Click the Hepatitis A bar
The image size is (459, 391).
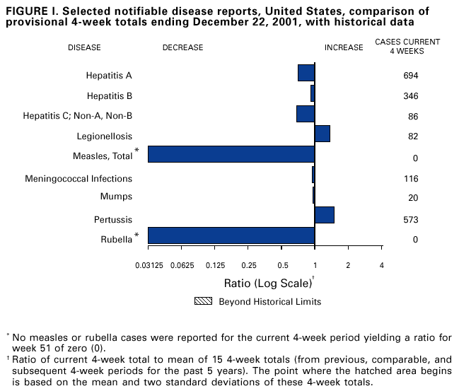(306, 73)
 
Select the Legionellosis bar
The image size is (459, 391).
(323, 134)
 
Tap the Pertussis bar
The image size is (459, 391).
(325, 215)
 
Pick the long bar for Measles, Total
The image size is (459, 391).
(231, 154)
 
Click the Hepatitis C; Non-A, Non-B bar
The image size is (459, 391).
(306, 113)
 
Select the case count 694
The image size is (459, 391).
(411, 76)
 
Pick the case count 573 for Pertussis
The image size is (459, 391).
(411, 220)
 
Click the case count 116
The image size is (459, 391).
(411, 180)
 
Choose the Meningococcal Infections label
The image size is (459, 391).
(79, 179)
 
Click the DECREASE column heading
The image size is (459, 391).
(182, 48)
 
